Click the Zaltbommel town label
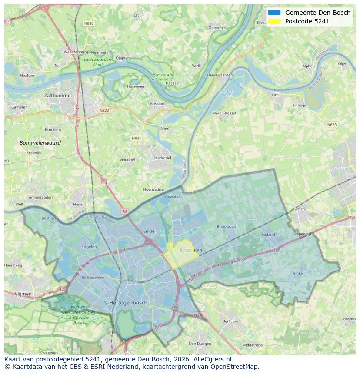coord(58,95)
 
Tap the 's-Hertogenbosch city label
coord(126,303)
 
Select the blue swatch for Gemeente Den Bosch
coord(274,13)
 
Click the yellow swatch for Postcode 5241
coord(274,21)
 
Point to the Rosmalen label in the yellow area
coord(190,250)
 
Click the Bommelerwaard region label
coord(40,142)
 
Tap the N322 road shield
coord(104,110)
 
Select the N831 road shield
coord(136,138)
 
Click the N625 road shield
coord(332,125)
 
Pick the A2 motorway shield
coord(125,211)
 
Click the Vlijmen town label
coord(23,294)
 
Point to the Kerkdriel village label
coord(163,158)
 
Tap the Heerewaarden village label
coord(220,75)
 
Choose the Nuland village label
coord(268,235)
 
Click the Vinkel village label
coord(298,274)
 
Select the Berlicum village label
coord(230,321)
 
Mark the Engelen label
coord(89,247)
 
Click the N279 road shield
coord(198,315)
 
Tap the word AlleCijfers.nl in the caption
coord(210,359)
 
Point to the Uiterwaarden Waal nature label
coord(97,61)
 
